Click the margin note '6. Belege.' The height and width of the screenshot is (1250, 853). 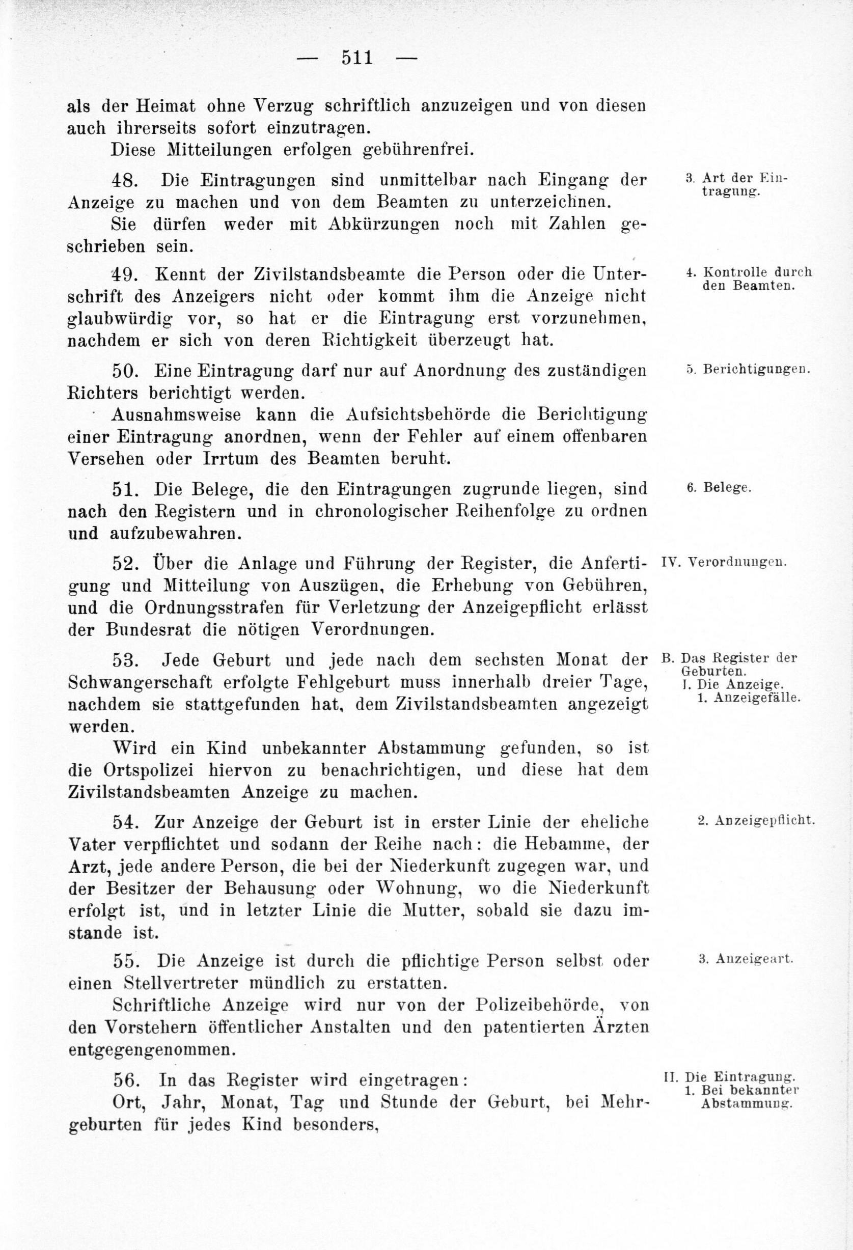point(719,488)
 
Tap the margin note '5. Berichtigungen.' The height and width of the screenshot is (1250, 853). point(748,370)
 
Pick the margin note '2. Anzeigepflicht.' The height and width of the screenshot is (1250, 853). point(756,820)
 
